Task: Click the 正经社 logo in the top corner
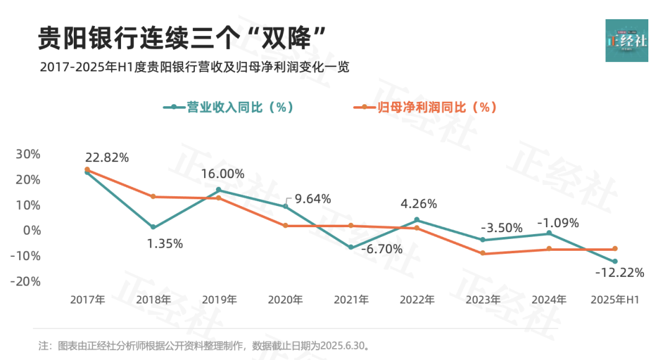click(627, 40)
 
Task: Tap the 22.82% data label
click(108, 158)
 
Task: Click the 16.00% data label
click(223, 174)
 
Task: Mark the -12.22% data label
click(620, 272)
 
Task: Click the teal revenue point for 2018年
click(153, 227)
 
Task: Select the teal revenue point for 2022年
click(417, 220)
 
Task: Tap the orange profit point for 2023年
click(483, 253)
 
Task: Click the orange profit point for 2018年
click(153, 197)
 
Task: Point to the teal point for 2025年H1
click(615, 261)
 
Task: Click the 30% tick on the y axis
click(28, 154)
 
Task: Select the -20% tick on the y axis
click(25, 281)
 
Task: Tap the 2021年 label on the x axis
click(351, 300)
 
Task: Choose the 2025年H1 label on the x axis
click(614, 300)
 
